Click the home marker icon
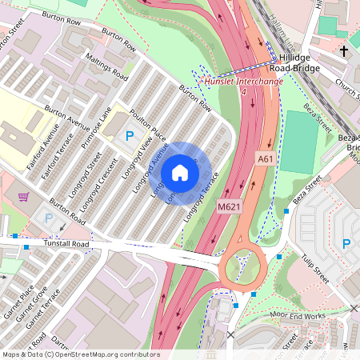[x=180, y=173]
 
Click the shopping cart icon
[x=25, y=197]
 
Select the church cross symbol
[x=344, y=51]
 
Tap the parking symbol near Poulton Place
[x=130, y=138]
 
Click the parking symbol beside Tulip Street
[x=346, y=244]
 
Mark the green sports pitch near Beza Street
[x=298, y=142]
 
